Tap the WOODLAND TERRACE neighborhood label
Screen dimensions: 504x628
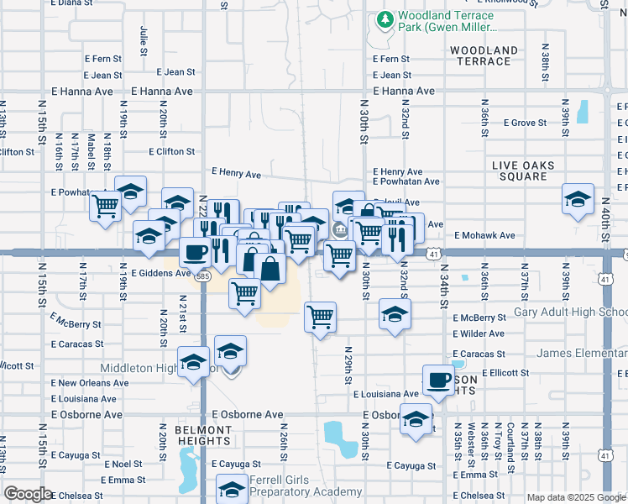click(x=484, y=56)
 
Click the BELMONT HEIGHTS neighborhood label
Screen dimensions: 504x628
click(x=204, y=435)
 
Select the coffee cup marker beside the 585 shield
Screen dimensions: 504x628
click(x=196, y=251)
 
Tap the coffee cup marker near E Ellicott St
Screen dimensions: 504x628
click(x=437, y=380)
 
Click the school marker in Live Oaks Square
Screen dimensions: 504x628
click(x=578, y=198)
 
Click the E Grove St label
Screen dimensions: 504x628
click(x=525, y=123)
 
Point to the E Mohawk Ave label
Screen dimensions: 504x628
click(x=484, y=236)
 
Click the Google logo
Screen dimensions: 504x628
click(x=28, y=494)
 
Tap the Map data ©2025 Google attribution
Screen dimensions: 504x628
click(x=575, y=497)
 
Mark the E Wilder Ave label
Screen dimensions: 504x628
click(x=478, y=333)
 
